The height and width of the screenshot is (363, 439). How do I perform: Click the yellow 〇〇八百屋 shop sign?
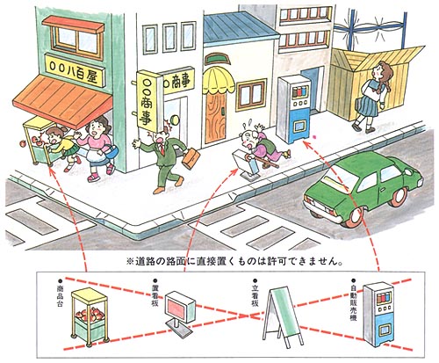pos(75,70)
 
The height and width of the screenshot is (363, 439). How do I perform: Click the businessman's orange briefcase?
pos(191,158)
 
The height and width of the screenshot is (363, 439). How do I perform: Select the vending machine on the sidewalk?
pos(293,109)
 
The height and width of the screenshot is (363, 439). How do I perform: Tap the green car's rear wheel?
pos(355,217)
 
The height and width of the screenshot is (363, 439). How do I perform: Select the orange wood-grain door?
pos(215,116)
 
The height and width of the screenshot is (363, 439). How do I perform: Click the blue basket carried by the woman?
pos(112,150)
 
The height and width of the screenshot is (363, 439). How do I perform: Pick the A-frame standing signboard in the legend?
pos(282,316)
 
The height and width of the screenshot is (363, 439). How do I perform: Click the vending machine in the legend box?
pos(378,314)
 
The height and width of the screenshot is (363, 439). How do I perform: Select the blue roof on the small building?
pos(240,28)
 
